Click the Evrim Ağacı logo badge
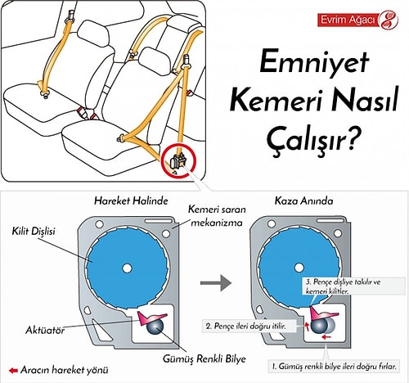coord(357,20)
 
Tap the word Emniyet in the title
coord(314,62)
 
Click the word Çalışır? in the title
coord(311,140)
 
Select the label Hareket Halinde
coord(131,201)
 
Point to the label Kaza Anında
coord(303,201)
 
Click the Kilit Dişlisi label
coord(34,232)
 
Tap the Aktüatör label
coord(45,331)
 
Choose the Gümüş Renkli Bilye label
coord(204,358)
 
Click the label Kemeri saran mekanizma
coord(217,216)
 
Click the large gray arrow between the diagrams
coord(216,283)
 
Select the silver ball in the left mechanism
coord(155,326)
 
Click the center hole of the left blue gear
coord(127,268)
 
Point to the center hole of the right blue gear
coord(299,268)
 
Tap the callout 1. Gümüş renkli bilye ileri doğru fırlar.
coord(334,367)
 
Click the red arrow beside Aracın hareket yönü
coord(13,371)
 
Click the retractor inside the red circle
coord(178,161)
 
